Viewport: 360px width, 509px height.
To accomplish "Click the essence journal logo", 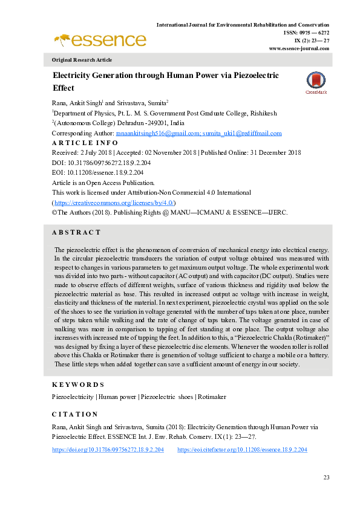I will [100, 41].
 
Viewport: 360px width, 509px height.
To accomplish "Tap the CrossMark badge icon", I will [315, 83].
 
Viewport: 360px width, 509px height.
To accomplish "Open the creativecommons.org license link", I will [115, 203].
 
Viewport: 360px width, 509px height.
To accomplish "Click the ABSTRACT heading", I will [76, 232].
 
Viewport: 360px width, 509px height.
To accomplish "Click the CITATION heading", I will [75, 414].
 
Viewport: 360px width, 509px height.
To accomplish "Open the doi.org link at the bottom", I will [108, 450].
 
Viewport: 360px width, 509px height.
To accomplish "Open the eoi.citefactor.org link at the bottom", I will [242, 450].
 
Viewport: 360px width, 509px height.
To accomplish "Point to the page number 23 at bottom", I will [326, 478].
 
